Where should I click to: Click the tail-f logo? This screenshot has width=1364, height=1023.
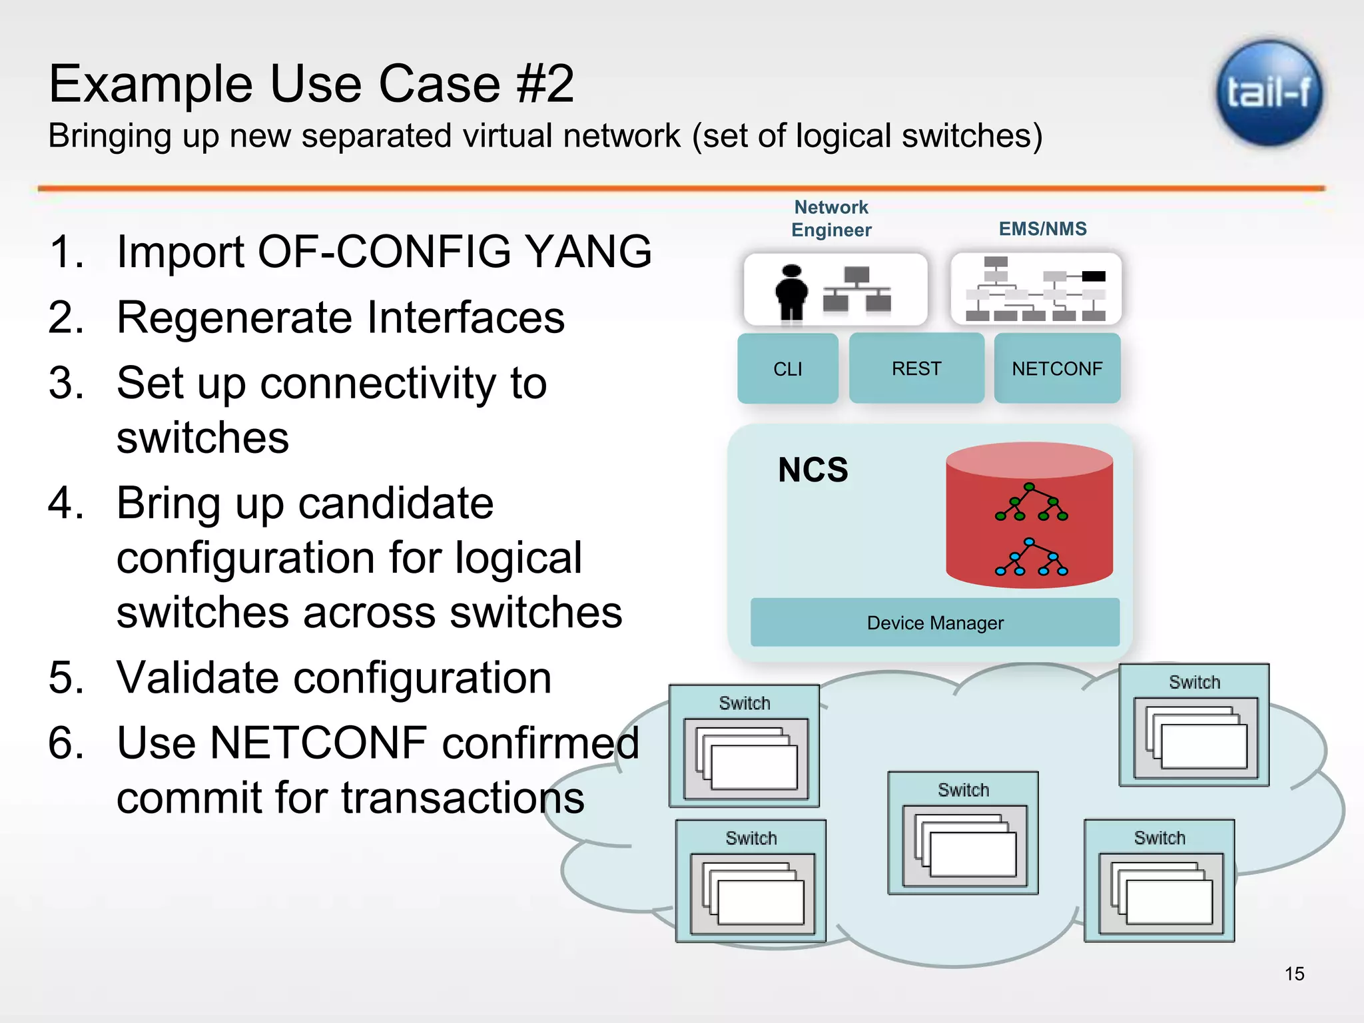[x=1269, y=93]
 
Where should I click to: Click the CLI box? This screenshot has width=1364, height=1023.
[x=787, y=368]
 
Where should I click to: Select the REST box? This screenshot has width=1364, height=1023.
[x=916, y=368]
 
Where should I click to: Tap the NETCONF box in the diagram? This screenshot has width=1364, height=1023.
[x=1057, y=368]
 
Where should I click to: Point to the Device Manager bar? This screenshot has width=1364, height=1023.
[x=934, y=623]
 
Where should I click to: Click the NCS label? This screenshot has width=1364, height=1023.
[x=813, y=470]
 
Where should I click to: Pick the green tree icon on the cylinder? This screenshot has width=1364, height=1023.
[x=1030, y=503]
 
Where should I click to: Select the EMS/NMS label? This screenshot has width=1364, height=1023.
[x=1042, y=228]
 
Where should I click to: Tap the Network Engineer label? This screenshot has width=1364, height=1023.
[x=831, y=218]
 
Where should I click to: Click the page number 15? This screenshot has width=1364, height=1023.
[x=1294, y=974]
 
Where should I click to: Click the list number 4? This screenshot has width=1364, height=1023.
[x=65, y=502]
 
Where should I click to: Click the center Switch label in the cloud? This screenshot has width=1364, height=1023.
[x=963, y=790]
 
